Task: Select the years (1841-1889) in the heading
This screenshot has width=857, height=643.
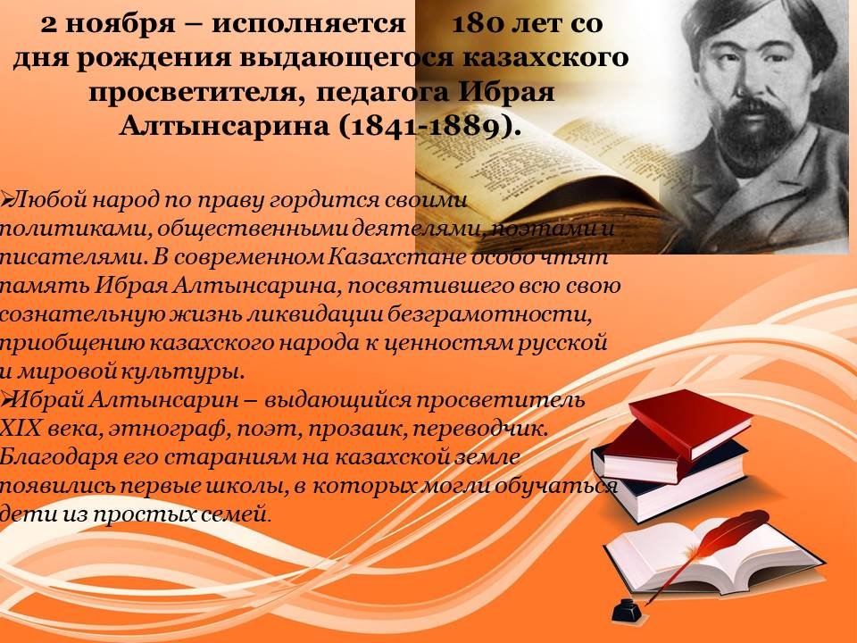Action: [x=428, y=127]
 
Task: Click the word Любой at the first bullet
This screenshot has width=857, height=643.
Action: [x=48, y=199]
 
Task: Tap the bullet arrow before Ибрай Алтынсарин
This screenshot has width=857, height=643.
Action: [x=5, y=401]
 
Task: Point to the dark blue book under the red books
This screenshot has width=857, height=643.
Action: [x=672, y=481]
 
